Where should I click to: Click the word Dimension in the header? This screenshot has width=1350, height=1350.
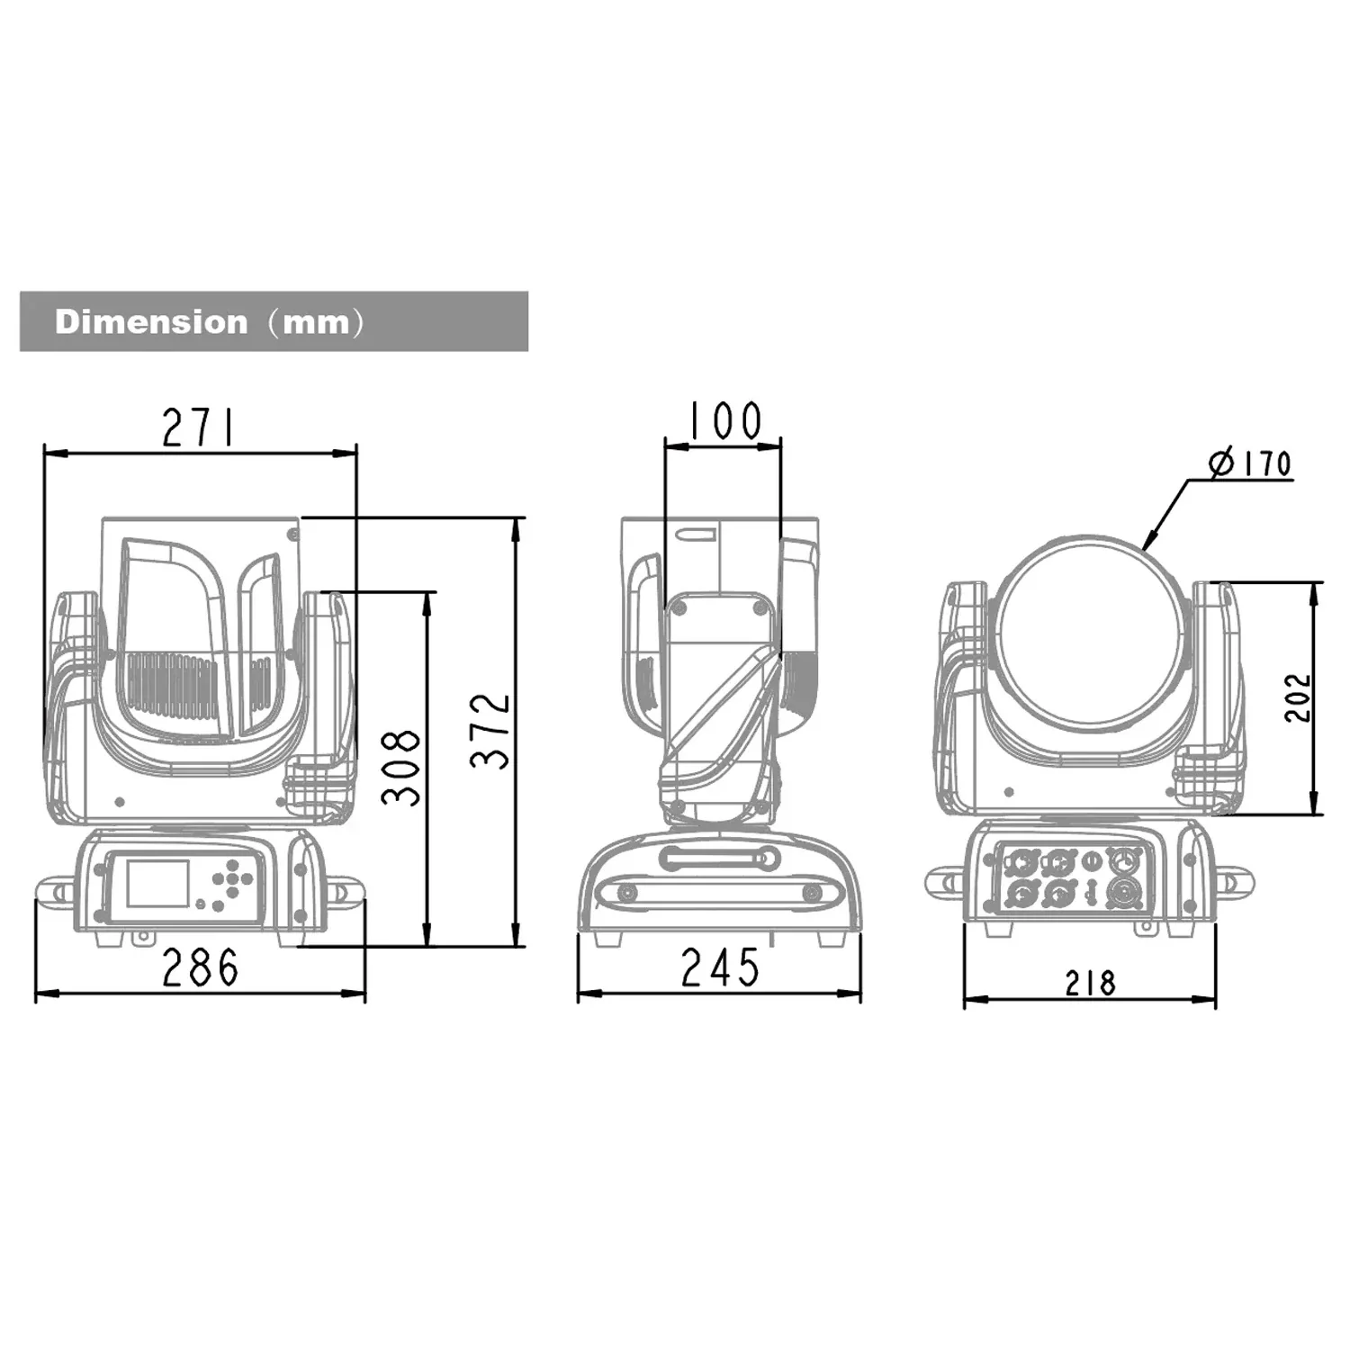(151, 321)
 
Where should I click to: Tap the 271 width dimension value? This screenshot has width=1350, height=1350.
(198, 427)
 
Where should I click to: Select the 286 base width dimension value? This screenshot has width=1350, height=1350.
(201, 967)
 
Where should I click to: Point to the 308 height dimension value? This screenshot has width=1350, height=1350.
(401, 767)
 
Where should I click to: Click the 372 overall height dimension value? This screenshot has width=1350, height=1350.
(490, 731)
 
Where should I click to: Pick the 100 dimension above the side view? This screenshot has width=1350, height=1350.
(725, 420)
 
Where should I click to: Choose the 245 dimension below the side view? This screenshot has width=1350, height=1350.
(720, 967)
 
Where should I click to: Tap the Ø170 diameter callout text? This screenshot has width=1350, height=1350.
(1251, 463)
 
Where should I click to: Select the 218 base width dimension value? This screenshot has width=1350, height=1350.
(1090, 983)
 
